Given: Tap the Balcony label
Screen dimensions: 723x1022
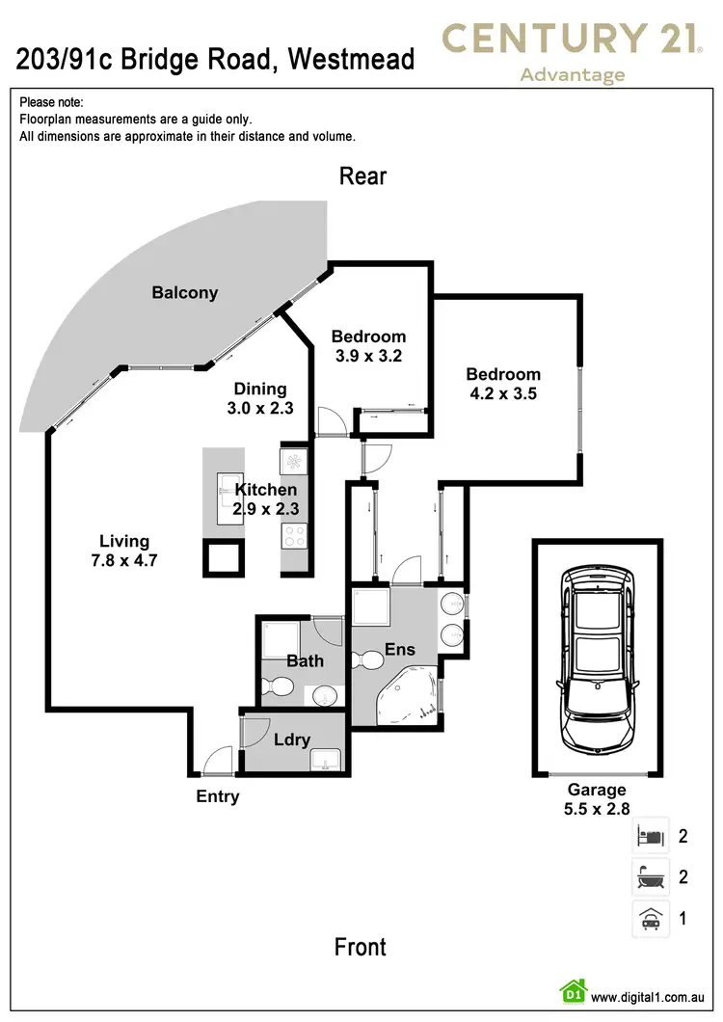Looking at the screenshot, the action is pos(184,293).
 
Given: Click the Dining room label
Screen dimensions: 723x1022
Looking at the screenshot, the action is pos(260,390).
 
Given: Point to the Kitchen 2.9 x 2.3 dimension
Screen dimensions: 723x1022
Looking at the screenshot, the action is pos(266,508).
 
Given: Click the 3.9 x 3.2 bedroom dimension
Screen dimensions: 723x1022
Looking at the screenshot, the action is pos(368,356).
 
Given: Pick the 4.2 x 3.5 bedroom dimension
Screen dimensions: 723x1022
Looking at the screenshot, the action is pos(503,393).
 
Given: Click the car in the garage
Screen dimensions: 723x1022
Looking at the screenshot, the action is pos(598,659).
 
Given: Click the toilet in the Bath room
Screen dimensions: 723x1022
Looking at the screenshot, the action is pos(278,687).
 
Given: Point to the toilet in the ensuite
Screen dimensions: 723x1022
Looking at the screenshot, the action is pos(367,659).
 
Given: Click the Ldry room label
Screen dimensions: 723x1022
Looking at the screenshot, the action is pos(291,740).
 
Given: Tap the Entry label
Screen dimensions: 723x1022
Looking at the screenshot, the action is pos(218,796).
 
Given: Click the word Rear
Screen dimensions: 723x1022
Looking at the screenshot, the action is pos(362,176).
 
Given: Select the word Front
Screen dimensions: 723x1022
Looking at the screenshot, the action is pos(360,947).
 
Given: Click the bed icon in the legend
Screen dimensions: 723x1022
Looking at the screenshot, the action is pos(651,836).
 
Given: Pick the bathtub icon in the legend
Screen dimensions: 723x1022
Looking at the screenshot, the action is pos(651,876).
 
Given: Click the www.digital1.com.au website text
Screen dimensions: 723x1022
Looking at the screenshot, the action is pos(648,997).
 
